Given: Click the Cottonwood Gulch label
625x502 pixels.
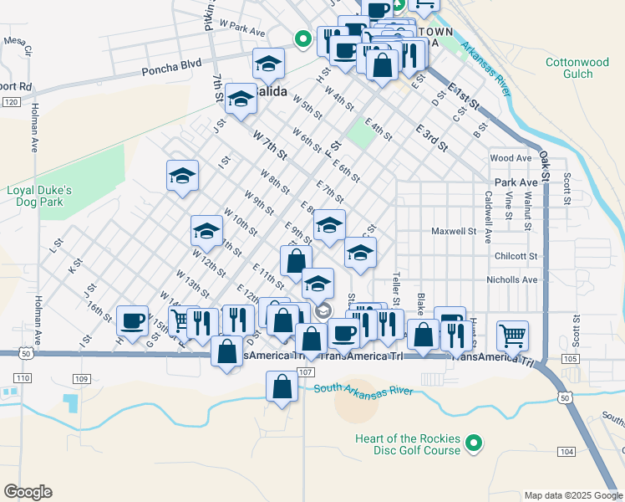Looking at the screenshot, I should click(577, 68).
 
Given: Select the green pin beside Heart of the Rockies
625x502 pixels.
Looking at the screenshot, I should click(474, 443).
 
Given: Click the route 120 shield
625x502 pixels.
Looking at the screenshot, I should click(10, 102).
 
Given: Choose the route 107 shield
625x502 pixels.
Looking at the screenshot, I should click(305, 371).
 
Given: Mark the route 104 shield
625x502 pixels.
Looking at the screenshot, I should click(566, 452).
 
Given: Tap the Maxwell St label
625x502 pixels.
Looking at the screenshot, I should click(453, 231).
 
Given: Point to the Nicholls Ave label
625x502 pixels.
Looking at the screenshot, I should click(518, 279).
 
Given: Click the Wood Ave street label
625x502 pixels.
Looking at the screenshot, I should click(511, 158).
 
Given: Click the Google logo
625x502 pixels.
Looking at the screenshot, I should click(28, 492).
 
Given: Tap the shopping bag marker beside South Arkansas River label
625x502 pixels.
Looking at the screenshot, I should click(282, 387).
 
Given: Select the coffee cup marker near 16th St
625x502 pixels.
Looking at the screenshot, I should click(133, 320).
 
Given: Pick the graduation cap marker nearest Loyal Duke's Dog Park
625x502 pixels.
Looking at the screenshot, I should click(182, 177).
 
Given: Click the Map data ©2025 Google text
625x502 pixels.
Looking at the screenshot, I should click(572, 495).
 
